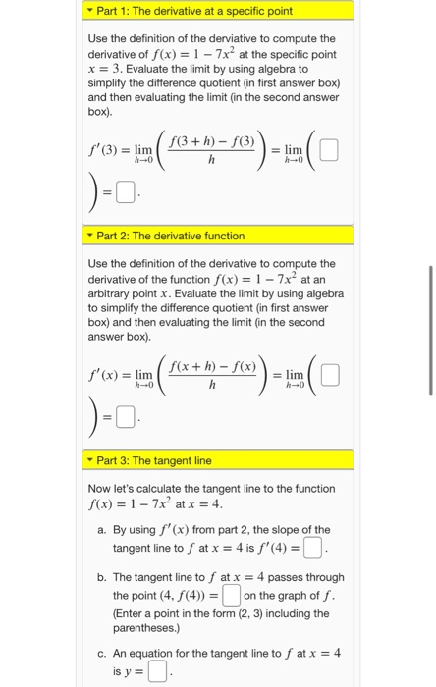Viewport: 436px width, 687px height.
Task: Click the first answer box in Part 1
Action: coord(328,151)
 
